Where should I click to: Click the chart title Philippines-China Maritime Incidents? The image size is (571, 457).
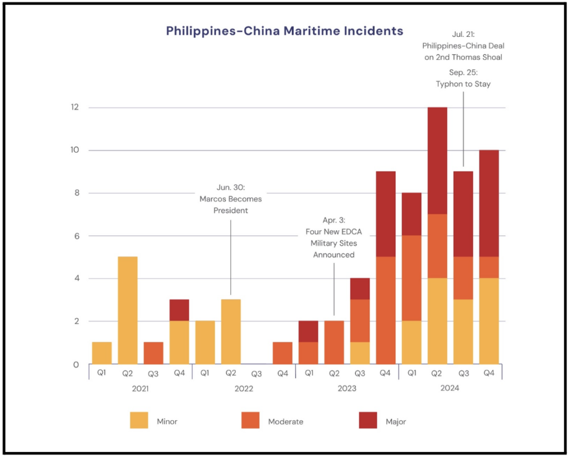284,31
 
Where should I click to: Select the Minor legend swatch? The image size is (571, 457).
139,420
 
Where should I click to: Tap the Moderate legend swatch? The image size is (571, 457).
250,420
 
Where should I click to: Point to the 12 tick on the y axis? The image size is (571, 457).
74,107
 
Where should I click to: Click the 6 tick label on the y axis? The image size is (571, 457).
75,236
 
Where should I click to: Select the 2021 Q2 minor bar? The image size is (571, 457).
128,310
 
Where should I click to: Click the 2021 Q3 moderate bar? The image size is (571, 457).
153,353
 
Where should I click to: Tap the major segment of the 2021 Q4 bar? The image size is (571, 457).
180,310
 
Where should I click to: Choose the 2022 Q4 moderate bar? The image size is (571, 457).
283,353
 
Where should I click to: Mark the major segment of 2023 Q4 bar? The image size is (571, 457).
386,214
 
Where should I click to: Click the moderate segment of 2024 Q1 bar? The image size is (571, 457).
412,278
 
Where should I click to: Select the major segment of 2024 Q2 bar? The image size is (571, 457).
437,161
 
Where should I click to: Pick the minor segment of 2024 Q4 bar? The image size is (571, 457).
489,321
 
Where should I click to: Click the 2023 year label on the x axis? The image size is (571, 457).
347,388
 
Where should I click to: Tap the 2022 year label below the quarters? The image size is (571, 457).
244,388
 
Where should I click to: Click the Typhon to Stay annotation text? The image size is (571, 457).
463,84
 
